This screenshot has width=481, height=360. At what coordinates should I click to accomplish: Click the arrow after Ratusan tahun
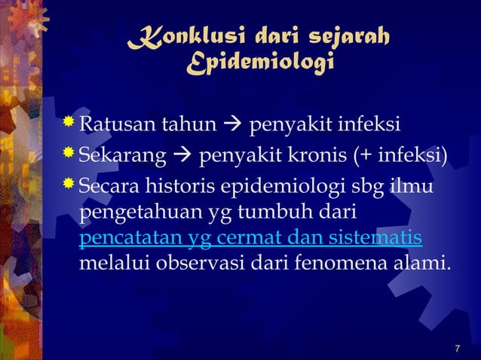(231, 124)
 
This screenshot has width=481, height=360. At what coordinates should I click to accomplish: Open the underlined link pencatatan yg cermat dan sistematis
(250, 239)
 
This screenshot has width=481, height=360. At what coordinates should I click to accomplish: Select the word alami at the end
(421, 265)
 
